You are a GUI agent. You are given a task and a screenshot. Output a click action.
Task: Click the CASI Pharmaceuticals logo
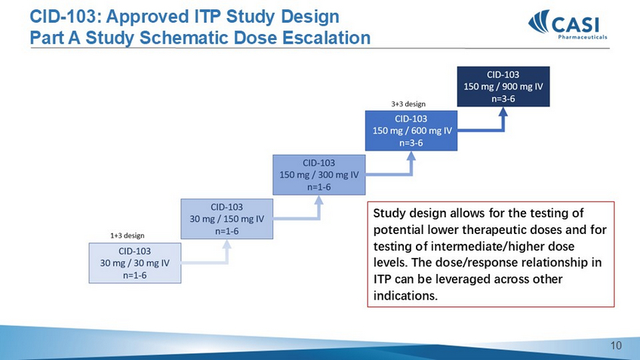point(568,24)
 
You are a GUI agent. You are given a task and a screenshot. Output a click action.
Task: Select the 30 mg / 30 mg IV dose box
point(134,263)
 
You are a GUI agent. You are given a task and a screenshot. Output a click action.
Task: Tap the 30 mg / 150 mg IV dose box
point(227,219)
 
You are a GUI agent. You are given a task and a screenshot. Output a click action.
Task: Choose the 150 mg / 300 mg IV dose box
point(318,174)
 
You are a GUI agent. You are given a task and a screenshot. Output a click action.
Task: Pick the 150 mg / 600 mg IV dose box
point(411,131)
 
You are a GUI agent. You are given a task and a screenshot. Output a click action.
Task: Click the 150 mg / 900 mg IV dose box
point(503,87)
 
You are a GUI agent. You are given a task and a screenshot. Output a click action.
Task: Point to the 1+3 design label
point(128,235)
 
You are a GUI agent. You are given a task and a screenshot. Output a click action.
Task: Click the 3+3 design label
point(408,104)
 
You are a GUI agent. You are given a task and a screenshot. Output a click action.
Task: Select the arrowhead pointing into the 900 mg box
point(503,112)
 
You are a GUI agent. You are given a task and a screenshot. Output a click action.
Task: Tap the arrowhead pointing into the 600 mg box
point(411,155)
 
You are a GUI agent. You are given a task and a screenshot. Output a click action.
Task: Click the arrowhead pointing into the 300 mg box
point(318,199)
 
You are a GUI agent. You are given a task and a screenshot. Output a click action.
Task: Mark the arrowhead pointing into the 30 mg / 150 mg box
point(227,244)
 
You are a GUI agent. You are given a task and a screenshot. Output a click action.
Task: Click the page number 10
point(616,346)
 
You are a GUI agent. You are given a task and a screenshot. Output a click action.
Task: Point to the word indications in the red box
point(405,296)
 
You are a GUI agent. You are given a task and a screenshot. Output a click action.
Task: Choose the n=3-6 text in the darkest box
point(503,99)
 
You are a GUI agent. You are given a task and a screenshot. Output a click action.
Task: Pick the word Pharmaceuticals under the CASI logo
point(583,37)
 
